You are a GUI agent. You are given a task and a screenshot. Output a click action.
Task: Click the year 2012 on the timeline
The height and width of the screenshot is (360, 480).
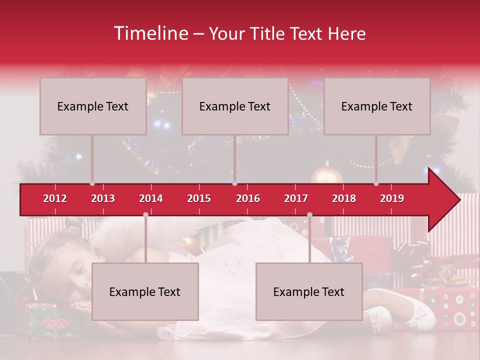(55, 198)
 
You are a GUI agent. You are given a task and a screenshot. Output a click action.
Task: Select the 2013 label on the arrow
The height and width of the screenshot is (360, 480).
(103, 198)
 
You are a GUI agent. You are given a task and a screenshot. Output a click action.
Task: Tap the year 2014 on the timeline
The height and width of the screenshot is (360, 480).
(151, 198)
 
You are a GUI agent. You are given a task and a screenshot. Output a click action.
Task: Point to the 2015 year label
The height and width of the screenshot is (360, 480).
(199, 198)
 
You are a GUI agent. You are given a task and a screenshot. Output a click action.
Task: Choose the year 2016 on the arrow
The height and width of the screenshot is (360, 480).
(248, 198)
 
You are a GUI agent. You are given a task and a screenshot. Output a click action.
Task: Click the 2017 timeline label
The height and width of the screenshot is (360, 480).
(296, 198)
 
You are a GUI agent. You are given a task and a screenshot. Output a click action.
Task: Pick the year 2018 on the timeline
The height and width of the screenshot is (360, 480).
(344, 198)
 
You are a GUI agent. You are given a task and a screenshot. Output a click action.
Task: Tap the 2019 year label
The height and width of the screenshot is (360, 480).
(392, 198)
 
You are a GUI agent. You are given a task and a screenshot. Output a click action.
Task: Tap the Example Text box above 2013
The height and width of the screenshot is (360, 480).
(93, 106)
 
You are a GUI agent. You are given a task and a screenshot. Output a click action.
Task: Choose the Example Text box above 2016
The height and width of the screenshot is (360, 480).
(235, 106)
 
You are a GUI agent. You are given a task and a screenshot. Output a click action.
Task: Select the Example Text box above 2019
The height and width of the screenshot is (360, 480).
(377, 106)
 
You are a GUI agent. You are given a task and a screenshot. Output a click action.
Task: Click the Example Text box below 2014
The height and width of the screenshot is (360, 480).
(145, 291)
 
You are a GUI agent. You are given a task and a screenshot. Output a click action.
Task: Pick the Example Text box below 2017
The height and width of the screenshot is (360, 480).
(309, 291)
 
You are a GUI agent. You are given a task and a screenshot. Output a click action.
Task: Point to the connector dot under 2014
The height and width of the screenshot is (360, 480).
(145, 214)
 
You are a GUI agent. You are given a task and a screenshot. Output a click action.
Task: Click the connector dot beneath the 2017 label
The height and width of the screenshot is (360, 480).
(309, 214)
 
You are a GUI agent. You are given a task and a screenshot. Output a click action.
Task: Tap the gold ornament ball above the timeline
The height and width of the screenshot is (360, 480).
(327, 175)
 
